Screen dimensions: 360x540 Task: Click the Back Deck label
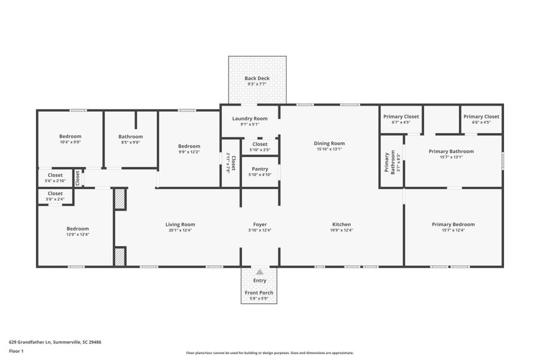[257, 78]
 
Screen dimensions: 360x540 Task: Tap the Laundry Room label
[250, 118]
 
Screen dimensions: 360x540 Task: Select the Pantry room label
[260, 169]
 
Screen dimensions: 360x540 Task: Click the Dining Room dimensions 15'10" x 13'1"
[329, 149]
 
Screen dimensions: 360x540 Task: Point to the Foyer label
[260, 224]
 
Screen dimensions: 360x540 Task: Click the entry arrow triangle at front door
[260, 272]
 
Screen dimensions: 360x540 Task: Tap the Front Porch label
[259, 293]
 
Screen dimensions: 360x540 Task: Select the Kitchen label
[341, 224]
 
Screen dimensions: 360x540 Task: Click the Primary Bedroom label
[453, 224]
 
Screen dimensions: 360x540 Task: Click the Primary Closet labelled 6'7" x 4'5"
[401, 116]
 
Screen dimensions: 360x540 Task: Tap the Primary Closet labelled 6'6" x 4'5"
[481, 116]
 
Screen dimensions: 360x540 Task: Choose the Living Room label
[180, 224]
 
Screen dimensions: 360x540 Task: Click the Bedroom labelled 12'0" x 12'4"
[77, 229]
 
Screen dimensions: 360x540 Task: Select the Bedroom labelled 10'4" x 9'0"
[70, 136]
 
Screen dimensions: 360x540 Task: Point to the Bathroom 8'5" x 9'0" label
[130, 136]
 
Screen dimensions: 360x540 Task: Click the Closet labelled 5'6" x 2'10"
[55, 175]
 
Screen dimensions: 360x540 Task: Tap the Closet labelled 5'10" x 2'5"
[260, 144]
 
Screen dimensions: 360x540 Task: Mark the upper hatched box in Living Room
[120, 199]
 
